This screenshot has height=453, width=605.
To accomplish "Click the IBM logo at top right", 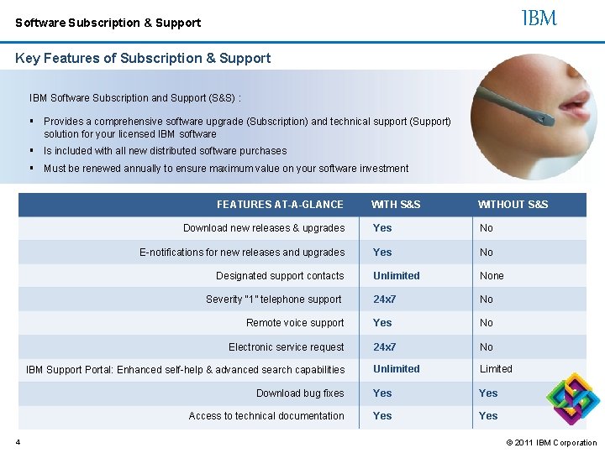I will [x=539, y=18].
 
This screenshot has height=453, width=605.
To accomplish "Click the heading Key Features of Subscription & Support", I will [x=143, y=59].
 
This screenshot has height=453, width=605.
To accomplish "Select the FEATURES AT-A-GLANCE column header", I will [x=280, y=205].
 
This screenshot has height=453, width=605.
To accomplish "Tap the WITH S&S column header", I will [x=396, y=205].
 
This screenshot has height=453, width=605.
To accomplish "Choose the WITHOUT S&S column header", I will [x=513, y=205].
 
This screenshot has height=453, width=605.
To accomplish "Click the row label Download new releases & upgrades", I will [x=264, y=228].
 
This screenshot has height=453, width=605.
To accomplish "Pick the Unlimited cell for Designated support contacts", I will [x=397, y=276].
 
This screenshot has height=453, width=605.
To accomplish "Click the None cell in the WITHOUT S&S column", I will [x=492, y=276].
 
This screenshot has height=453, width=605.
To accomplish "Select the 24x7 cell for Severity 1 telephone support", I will [x=385, y=299].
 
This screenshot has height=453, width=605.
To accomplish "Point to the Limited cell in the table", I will [x=496, y=369].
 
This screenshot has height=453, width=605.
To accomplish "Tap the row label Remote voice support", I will [x=295, y=323].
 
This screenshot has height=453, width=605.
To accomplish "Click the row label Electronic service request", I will [x=287, y=347].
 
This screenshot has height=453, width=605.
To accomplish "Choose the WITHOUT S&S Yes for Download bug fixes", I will [x=488, y=393].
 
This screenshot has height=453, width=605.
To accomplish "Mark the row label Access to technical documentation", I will [x=266, y=416].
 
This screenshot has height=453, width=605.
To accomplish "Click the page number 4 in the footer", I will [x=17, y=442].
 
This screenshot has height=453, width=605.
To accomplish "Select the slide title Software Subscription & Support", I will [x=108, y=23].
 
